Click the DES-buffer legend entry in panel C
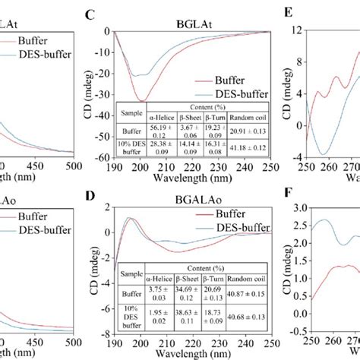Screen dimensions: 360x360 (x=232, y=93)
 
